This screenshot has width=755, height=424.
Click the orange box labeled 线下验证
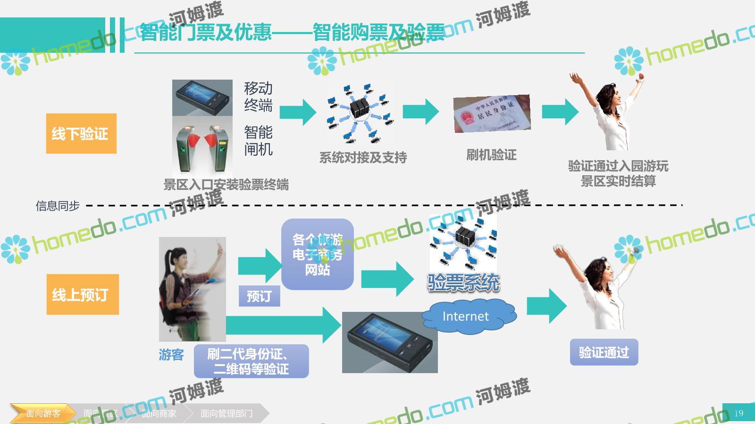pyautogui.click(x=81, y=133)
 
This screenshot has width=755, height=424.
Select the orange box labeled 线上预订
pyautogui.click(x=83, y=294)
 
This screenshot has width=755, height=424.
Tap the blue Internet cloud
pyautogui.click(x=467, y=317)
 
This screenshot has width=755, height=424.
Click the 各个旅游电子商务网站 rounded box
pyautogui.click(x=317, y=254)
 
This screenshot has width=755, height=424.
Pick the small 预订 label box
pyautogui.click(x=259, y=296)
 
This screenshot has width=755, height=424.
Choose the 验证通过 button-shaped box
pyautogui.click(x=604, y=352)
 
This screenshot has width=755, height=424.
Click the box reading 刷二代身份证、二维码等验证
pyautogui.click(x=251, y=361)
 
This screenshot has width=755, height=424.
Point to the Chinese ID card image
pyautogui.click(x=492, y=114)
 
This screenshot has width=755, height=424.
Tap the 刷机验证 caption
pyautogui.click(x=491, y=155)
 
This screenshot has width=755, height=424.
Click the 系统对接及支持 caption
pyautogui.click(x=363, y=157)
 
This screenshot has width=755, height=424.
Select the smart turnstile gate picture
pyautogui.click(x=202, y=146)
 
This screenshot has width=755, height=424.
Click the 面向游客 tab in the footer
pyautogui.click(x=43, y=413)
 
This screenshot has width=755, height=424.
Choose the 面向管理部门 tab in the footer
pyautogui.click(x=226, y=413)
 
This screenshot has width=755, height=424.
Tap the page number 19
pyautogui.click(x=738, y=413)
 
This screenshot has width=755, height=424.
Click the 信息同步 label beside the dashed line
pyautogui.click(x=58, y=206)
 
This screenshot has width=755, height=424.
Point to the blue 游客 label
pyautogui.click(x=171, y=355)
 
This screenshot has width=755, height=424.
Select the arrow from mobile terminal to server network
pyautogui.click(x=298, y=112)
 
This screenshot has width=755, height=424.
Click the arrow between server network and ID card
pyautogui.click(x=420, y=112)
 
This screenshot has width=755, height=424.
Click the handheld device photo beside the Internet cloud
pyautogui.click(x=390, y=342)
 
